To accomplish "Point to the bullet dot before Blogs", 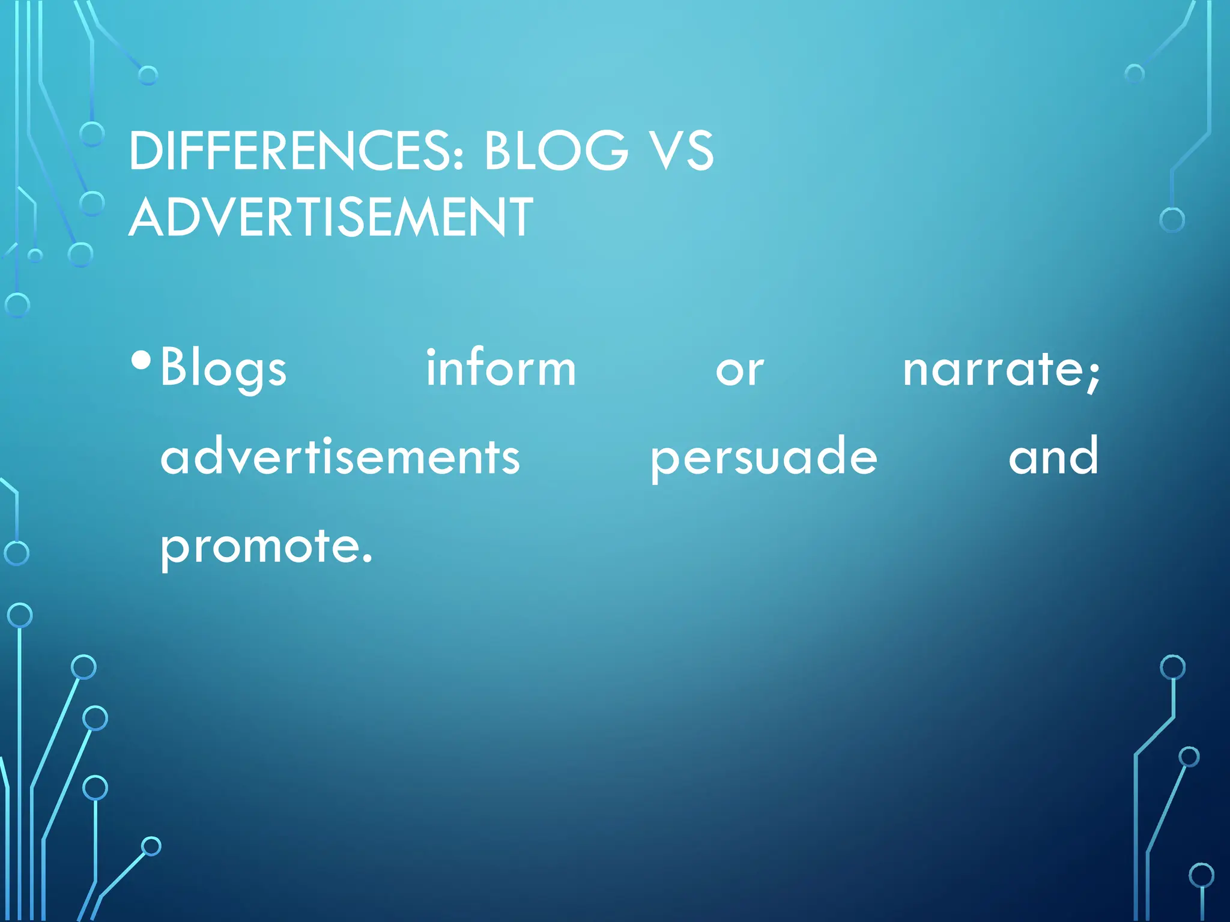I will click(141, 360).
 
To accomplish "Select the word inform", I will click(501, 367).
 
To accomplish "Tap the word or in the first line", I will click(739, 371).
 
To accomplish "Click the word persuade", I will click(763, 460).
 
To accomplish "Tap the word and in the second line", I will click(1053, 456).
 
